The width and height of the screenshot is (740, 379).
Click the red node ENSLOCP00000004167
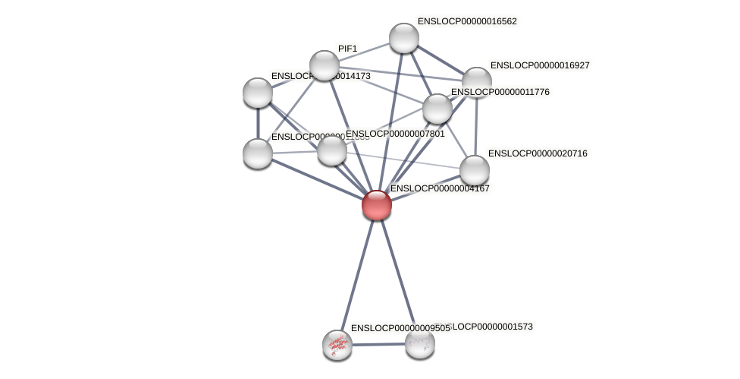[377, 205]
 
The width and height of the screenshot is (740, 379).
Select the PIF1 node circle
[325, 66]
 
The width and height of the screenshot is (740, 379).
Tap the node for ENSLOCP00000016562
[404, 38]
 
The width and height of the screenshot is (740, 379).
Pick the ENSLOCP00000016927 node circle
[477, 82]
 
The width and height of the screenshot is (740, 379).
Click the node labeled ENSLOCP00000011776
[437, 109]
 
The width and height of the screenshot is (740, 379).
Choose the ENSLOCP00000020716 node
[475, 170]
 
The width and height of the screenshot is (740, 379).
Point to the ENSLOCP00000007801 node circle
[332, 150]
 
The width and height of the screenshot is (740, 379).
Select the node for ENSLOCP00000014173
[258, 93]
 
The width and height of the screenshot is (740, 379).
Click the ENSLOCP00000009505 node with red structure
[337, 345]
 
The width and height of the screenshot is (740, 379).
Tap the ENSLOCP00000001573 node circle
[420, 343]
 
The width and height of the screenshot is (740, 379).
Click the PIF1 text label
[347, 49]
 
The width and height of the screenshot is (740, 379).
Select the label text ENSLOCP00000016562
[467, 21]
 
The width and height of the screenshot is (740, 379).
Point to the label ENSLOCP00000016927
[540, 65]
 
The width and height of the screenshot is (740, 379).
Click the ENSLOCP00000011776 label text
[500, 92]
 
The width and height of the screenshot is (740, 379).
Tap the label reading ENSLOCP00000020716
[538, 153]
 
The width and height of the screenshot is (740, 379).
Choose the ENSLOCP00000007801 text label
[395, 134]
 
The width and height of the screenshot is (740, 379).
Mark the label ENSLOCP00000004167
[440, 188]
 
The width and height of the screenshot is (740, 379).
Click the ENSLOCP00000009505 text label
[400, 328]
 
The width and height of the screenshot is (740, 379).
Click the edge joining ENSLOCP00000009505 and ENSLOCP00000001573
[378, 344]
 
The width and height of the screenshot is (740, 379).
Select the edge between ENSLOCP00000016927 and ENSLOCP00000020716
[476, 126]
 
